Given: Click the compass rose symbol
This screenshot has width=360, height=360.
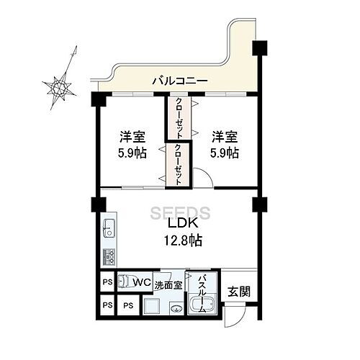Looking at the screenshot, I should tap(60, 87).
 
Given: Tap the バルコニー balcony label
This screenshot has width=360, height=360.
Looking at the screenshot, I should tap(179, 81).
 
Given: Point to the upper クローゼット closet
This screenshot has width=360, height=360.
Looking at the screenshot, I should tap(176, 117).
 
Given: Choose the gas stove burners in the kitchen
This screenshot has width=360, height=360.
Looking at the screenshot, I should tap(109, 256).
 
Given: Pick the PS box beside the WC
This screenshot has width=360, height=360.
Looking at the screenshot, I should tap(105, 282).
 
